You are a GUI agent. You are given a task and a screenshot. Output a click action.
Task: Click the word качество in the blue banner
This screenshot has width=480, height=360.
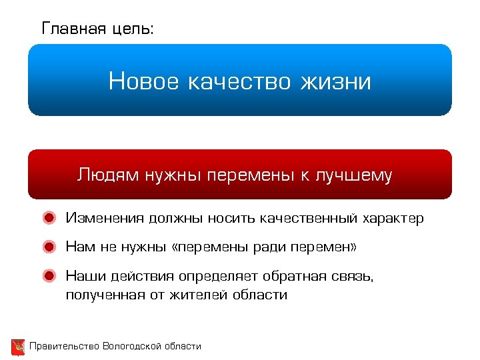click(x=240, y=82)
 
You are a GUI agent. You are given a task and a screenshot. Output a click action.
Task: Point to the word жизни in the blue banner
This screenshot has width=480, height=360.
click(x=336, y=82)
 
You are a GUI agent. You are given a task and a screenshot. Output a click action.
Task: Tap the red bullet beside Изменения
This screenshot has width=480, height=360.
click(x=49, y=218)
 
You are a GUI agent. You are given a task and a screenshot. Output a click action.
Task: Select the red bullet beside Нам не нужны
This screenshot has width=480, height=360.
click(x=49, y=247)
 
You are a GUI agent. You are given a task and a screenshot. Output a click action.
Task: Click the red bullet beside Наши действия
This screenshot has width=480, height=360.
click(x=49, y=275)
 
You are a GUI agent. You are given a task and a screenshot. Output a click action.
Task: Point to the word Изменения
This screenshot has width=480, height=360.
click(x=105, y=219)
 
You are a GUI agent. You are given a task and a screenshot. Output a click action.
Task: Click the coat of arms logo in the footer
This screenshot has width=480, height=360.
click(x=18, y=347)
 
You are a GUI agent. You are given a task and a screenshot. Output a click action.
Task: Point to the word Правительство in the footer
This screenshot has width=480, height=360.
click(x=64, y=346)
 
